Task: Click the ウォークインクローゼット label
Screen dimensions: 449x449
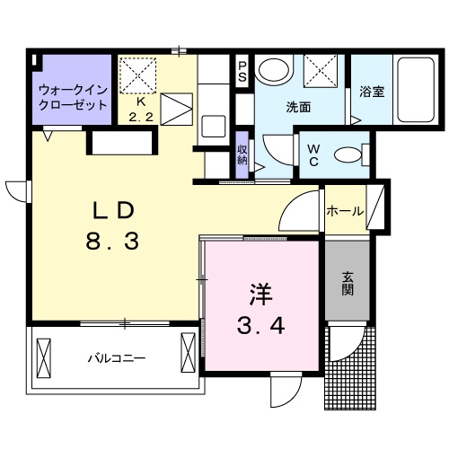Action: tap(72, 97)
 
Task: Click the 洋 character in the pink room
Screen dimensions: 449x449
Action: tap(260, 294)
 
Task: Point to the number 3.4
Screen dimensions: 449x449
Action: tap(260, 326)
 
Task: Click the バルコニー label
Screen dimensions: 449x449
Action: tap(117, 357)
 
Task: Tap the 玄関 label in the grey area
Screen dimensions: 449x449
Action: tap(348, 284)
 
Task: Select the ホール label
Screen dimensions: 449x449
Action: tap(346, 213)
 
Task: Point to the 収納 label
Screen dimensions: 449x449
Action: tap(242, 154)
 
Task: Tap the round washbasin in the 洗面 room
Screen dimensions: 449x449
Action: tap(272, 71)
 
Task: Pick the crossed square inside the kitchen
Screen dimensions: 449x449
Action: tap(138, 75)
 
